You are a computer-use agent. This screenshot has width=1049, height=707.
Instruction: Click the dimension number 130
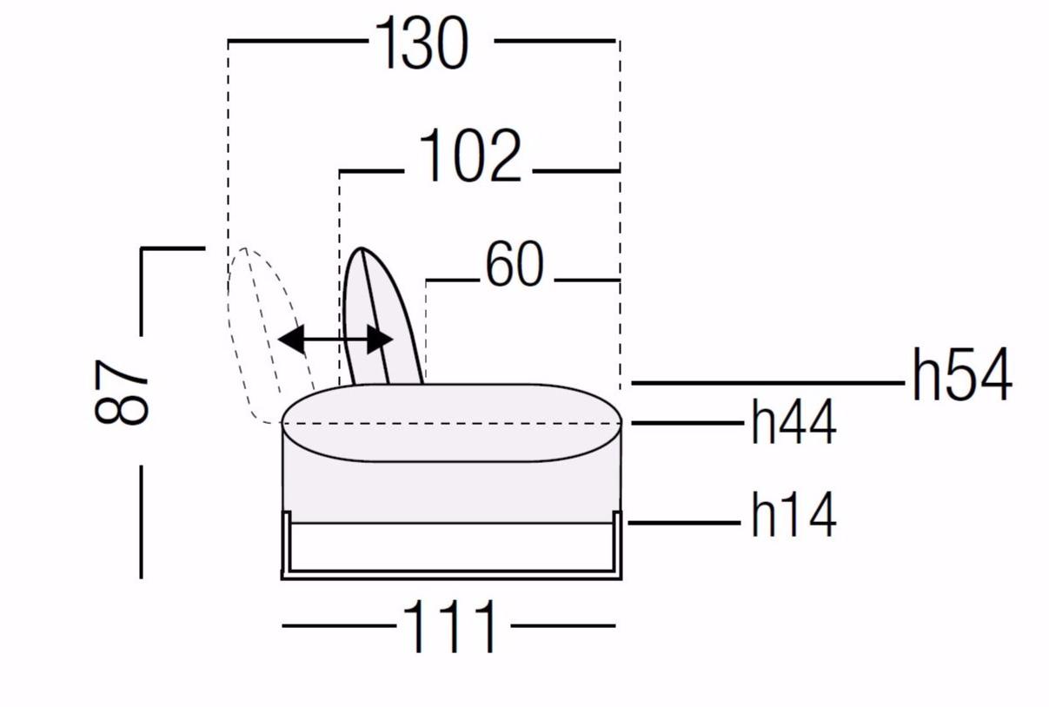click(422, 43)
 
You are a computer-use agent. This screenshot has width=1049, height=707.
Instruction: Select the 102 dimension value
click(469, 155)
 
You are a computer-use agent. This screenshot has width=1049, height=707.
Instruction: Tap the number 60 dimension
click(515, 264)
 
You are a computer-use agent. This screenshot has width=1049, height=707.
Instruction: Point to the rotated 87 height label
click(121, 392)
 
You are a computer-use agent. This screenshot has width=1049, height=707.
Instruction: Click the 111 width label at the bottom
click(449, 627)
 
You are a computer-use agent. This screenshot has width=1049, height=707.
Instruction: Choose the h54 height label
click(962, 375)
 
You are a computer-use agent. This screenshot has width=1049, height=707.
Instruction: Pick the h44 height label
click(793, 422)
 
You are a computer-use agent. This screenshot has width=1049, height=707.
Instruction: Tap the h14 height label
click(793, 515)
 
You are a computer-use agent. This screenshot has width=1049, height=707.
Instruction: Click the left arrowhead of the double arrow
click(291, 339)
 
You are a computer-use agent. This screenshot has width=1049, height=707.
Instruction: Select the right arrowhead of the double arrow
click(380, 340)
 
